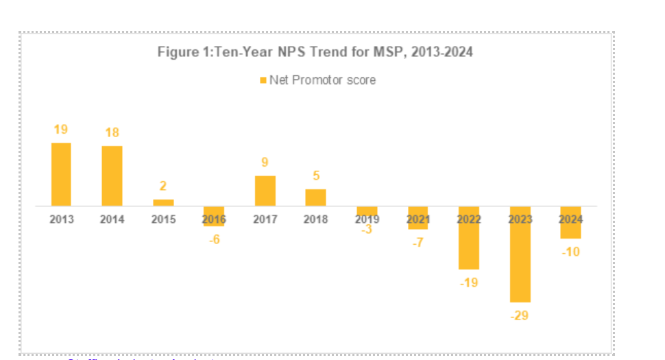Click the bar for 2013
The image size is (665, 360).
pyautogui.click(x=61, y=174)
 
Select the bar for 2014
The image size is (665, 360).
pyautogui.click(x=112, y=176)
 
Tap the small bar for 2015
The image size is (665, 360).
pyautogui.click(x=163, y=202)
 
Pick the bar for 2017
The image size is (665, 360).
pyautogui.click(x=265, y=191)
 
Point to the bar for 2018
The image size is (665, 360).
pyautogui.click(x=315, y=197)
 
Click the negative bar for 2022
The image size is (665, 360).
pyautogui.click(x=469, y=240)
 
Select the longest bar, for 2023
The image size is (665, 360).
pyautogui.click(x=520, y=257)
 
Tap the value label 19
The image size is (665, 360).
pyautogui.click(x=61, y=130)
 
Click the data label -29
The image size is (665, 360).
pyautogui.click(x=520, y=315)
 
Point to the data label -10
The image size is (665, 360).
pyautogui.click(x=570, y=252)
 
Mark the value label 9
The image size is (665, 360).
pyautogui.click(x=265, y=163)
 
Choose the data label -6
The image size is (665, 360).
pyautogui.click(x=214, y=239)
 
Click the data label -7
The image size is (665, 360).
pyautogui.click(x=418, y=243)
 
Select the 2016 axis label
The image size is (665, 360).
pyautogui.click(x=214, y=219)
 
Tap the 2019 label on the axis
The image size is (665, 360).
pyautogui.click(x=367, y=219)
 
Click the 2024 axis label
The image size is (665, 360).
pyautogui.click(x=570, y=219)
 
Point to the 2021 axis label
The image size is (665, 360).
pyautogui.click(x=418, y=219)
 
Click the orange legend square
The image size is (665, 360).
pyautogui.click(x=263, y=80)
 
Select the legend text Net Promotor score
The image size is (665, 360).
pyautogui.click(x=322, y=80)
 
